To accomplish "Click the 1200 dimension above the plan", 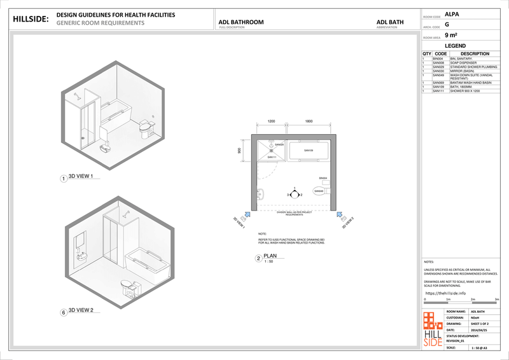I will coord(270,121).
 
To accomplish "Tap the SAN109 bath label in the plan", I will coord(309,151).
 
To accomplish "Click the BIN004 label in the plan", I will coord(323,178).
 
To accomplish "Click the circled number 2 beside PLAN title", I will coord(258,259).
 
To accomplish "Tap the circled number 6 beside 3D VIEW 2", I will coord(63,312).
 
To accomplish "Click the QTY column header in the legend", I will coord(426,54).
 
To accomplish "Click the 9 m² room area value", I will coord(450,36).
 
